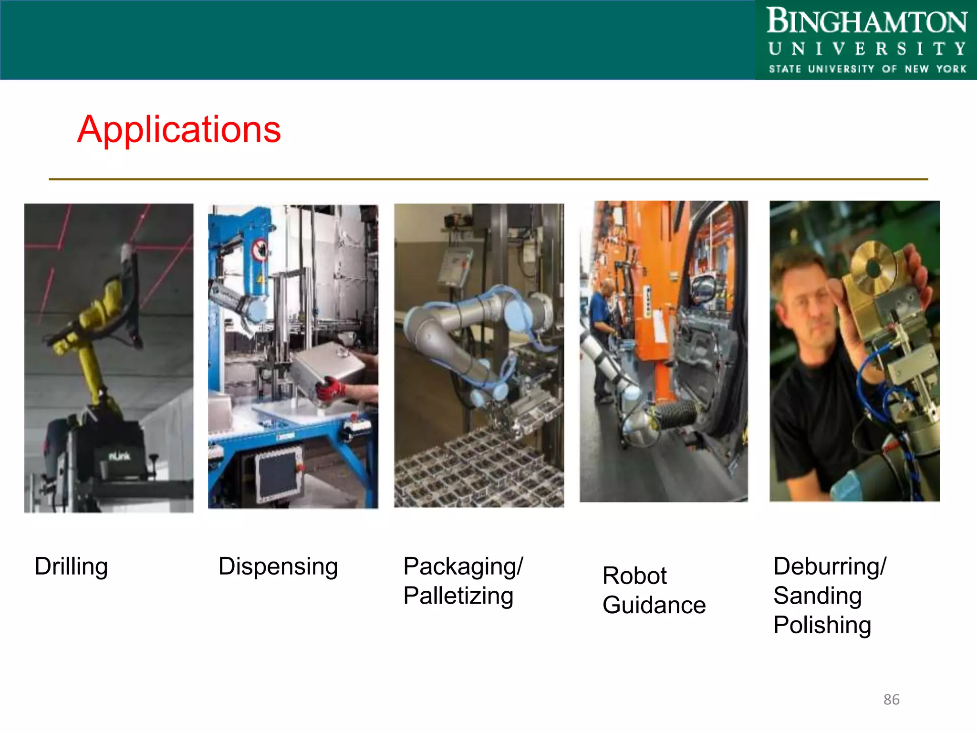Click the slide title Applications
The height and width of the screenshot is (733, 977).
[179, 129]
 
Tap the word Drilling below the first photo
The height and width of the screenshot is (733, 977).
[71, 567]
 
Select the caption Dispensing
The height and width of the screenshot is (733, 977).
[278, 567]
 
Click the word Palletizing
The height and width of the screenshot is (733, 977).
[458, 596]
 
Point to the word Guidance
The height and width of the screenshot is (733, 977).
[654, 605]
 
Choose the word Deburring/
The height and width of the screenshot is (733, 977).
[830, 566]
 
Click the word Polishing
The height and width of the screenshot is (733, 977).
[822, 625]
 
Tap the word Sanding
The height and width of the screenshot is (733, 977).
[817, 596]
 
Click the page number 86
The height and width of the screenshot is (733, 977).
[891, 700]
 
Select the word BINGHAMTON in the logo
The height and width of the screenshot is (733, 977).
[867, 21]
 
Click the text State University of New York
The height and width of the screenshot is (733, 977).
[867, 69]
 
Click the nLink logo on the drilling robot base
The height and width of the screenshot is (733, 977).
[119, 457]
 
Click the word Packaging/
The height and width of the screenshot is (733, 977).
[463, 566]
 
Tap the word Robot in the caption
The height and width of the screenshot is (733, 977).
[634, 576]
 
